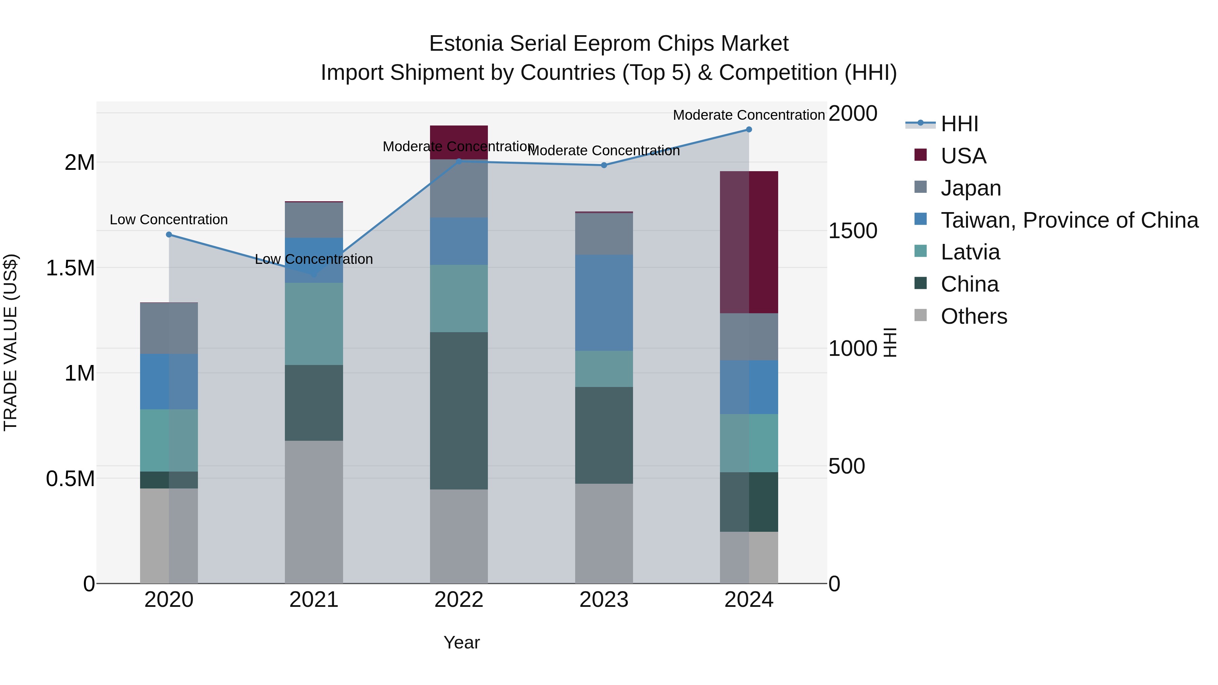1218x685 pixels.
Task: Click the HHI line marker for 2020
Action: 169,234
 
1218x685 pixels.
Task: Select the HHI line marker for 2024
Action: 749,129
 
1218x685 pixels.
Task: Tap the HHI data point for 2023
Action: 604,165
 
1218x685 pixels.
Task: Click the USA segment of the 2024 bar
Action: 749,242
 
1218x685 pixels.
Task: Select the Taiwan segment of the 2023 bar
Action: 604,302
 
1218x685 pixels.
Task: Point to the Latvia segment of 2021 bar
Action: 314,324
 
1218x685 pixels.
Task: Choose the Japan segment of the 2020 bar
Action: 169,328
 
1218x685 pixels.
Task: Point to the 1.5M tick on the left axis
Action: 70,268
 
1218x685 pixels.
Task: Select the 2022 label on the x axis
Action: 459,600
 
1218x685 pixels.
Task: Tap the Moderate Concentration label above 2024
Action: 749,115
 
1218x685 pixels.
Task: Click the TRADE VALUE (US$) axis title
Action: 10,342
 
